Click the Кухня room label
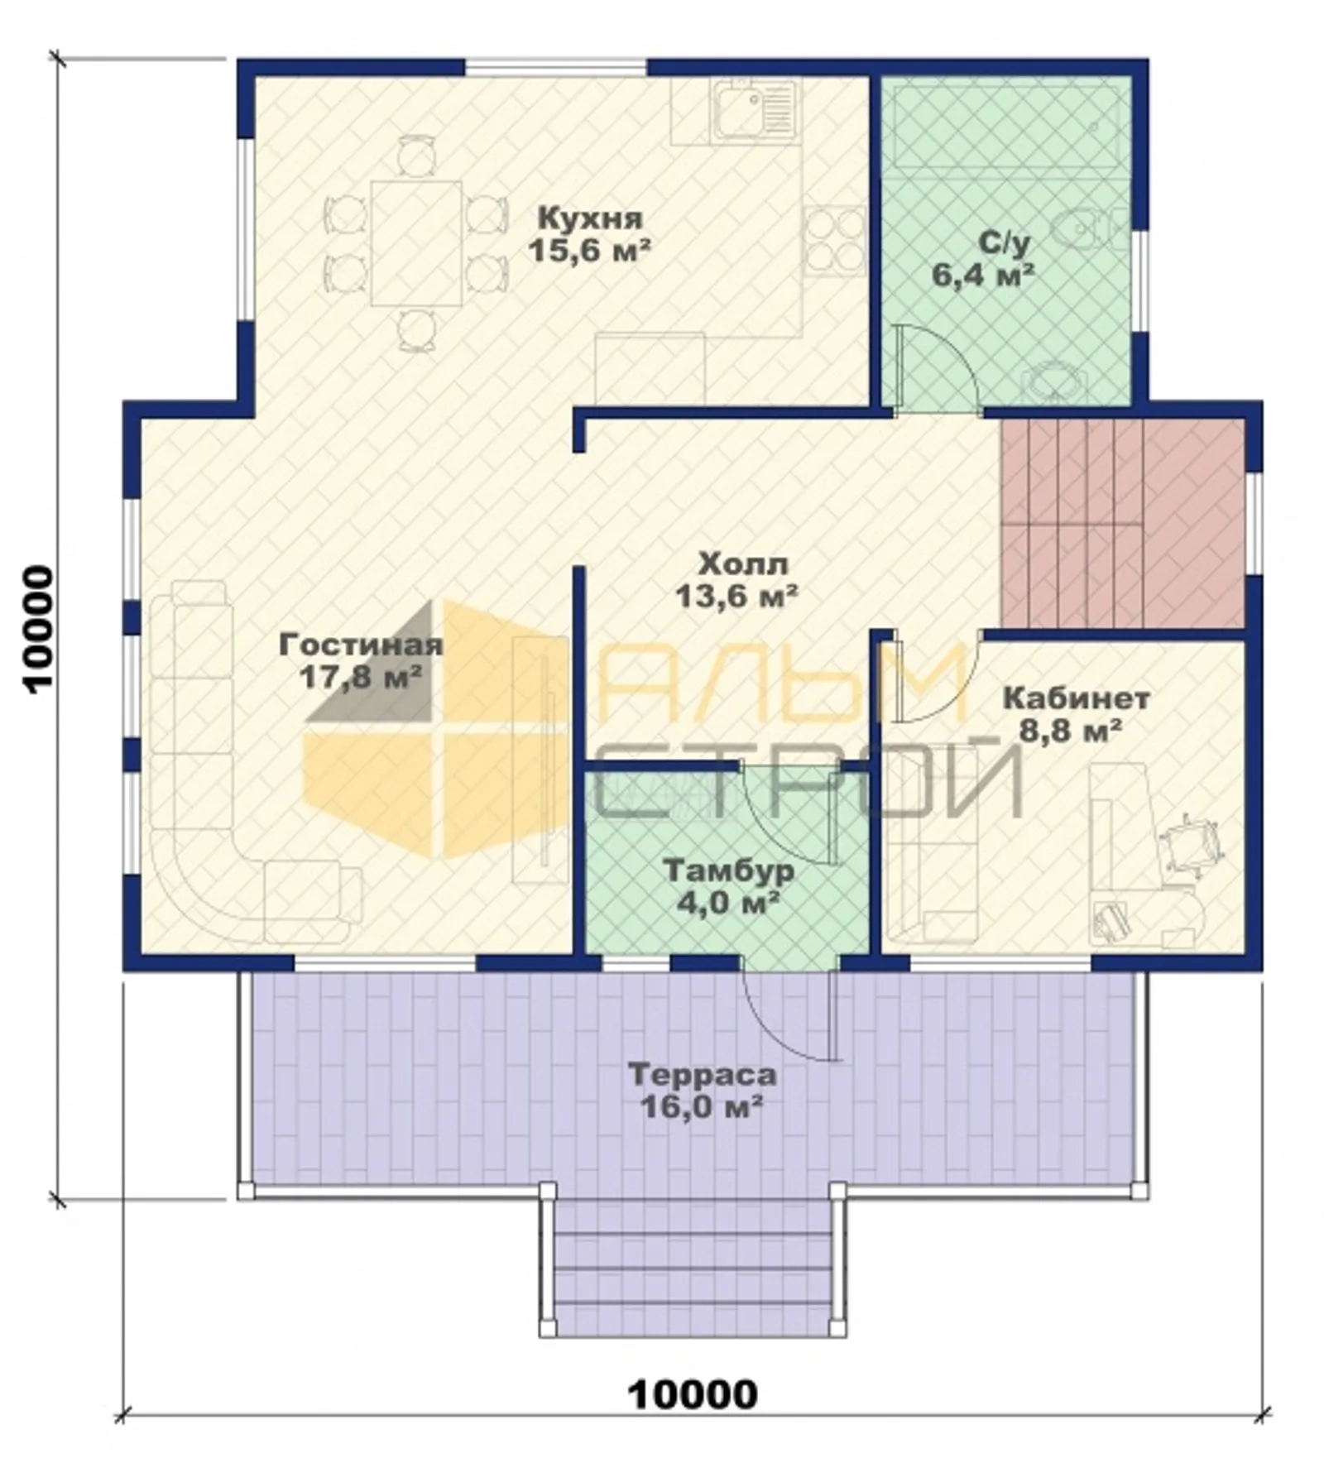589,219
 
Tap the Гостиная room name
361,645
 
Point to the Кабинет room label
1076,698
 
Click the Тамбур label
729,871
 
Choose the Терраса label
703,1075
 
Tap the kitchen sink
754,108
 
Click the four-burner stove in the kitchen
835,240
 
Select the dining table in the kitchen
416,243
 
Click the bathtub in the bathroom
1006,123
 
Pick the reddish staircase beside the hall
1122,523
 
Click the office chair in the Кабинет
1192,842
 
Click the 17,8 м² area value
361,676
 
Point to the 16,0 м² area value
702,1106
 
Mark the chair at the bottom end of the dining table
416,329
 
